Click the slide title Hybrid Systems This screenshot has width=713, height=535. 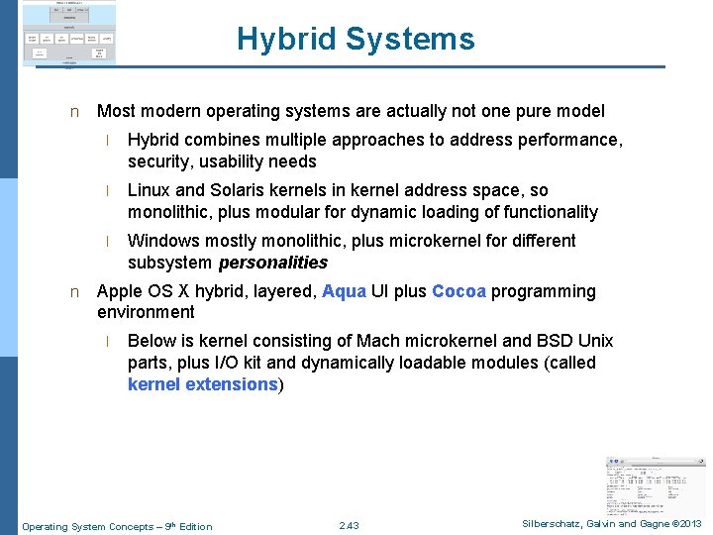click(x=356, y=40)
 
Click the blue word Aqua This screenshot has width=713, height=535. click(x=344, y=291)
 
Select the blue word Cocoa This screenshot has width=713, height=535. click(x=458, y=291)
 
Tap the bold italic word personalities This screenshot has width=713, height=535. click(x=272, y=263)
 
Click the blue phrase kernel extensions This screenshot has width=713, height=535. click(x=202, y=384)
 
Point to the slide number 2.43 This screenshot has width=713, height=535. click(x=349, y=526)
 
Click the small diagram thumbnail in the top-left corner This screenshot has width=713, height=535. click(x=69, y=34)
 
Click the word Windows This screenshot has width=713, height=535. click(x=161, y=241)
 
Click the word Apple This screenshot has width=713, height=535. click(x=120, y=291)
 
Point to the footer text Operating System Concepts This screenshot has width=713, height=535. click(x=88, y=526)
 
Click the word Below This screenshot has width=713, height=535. click(x=152, y=341)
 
